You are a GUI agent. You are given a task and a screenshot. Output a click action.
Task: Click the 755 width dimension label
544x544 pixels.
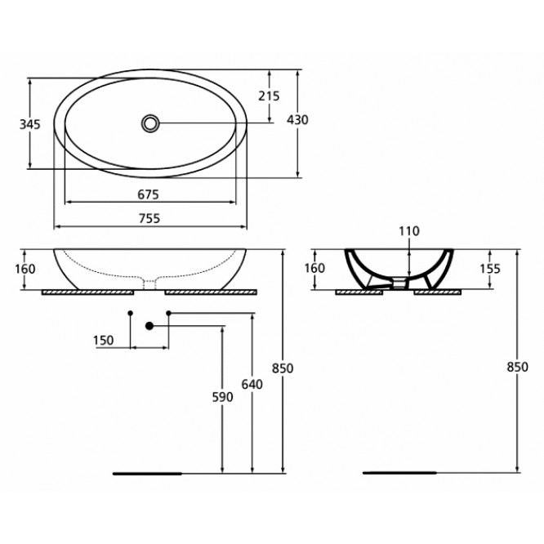(149, 219)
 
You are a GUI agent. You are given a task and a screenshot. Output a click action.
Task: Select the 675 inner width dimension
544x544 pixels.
(149, 194)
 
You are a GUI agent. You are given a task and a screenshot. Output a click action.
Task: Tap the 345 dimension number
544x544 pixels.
(30, 124)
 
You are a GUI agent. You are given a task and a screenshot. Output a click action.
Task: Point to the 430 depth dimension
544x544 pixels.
(297, 120)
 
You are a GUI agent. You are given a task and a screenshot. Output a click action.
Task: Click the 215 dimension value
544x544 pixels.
(269, 96)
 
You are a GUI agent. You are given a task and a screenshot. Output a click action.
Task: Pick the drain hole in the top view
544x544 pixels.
(150, 123)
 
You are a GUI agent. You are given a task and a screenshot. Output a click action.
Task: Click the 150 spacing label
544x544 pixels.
(104, 341)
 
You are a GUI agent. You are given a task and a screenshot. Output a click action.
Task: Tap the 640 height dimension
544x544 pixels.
(252, 385)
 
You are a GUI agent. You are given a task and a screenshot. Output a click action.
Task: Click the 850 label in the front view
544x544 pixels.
(283, 368)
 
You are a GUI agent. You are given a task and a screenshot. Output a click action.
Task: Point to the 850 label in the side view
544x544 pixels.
(518, 367)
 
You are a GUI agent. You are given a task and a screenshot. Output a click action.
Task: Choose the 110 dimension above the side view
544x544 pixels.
(409, 231)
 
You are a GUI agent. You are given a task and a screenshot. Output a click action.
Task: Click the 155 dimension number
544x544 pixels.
(490, 269)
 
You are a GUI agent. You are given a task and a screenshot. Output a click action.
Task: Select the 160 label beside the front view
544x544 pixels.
(25, 269)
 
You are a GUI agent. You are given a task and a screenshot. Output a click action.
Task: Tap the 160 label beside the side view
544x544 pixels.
(314, 268)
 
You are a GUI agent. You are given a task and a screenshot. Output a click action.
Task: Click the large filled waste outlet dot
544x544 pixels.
(149, 326)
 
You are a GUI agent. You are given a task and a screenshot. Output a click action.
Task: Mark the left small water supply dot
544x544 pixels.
(131, 313)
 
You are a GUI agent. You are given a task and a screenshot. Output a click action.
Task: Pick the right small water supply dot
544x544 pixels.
(168, 313)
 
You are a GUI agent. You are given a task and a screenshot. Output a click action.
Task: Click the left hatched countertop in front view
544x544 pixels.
(87, 292)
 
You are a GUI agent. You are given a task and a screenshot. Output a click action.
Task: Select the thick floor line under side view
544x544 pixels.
(399, 473)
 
